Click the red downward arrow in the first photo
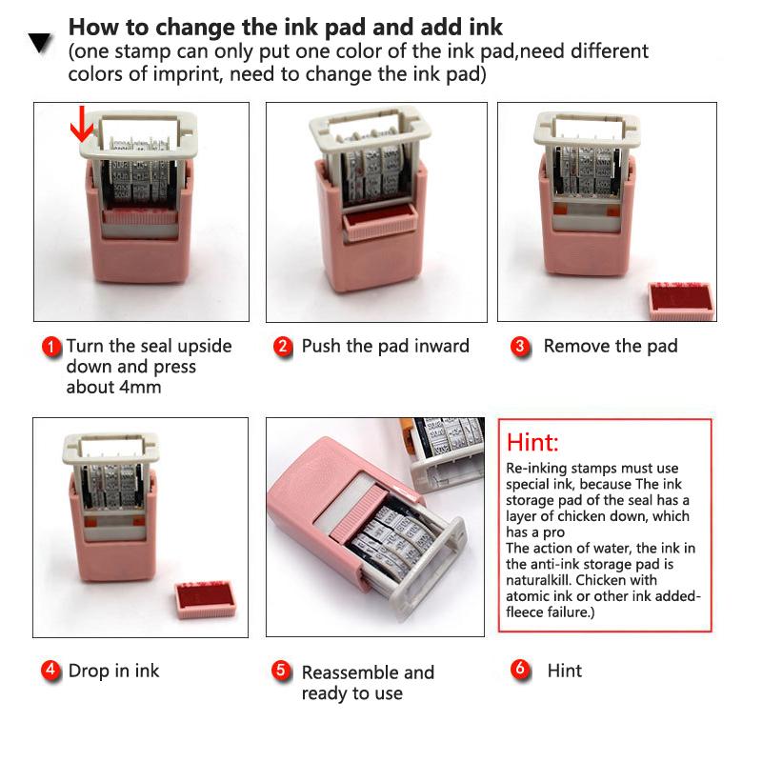click(x=83, y=124)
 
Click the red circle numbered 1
click(x=52, y=347)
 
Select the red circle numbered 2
click(x=283, y=347)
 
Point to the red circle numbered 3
click(x=520, y=347)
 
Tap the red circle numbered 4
click(x=50, y=671)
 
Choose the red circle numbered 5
click(x=282, y=671)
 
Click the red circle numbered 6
click(x=520, y=670)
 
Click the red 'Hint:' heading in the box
click(x=532, y=443)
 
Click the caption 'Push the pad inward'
click(x=385, y=346)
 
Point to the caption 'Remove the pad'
click(x=611, y=346)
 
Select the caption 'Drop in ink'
click(x=113, y=671)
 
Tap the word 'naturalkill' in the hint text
click(x=542, y=578)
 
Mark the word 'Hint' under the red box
click(x=565, y=671)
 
